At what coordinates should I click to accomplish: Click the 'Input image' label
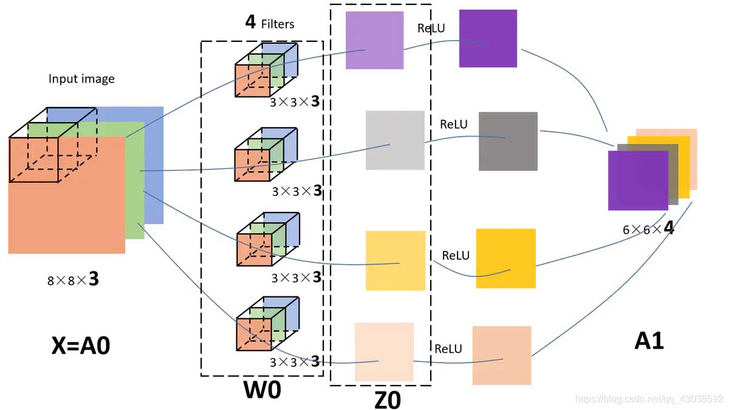(x=81, y=79)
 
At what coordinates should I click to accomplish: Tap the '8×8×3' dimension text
(x=73, y=279)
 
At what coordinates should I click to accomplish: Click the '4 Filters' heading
(x=269, y=24)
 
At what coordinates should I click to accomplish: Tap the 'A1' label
(x=649, y=341)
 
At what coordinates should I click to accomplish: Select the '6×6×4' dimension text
(x=648, y=230)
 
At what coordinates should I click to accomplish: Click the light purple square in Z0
(x=374, y=40)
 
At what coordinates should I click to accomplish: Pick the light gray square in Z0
(x=395, y=140)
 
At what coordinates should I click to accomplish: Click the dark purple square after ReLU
(x=488, y=38)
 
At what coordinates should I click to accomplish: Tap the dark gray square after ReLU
(x=508, y=141)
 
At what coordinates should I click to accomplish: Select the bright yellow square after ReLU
(x=505, y=258)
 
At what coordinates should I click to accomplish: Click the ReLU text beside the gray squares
(x=454, y=125)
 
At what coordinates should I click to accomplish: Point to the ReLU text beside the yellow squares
(x=456, y=256)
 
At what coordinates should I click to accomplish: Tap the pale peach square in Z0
(x=384, y=352)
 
